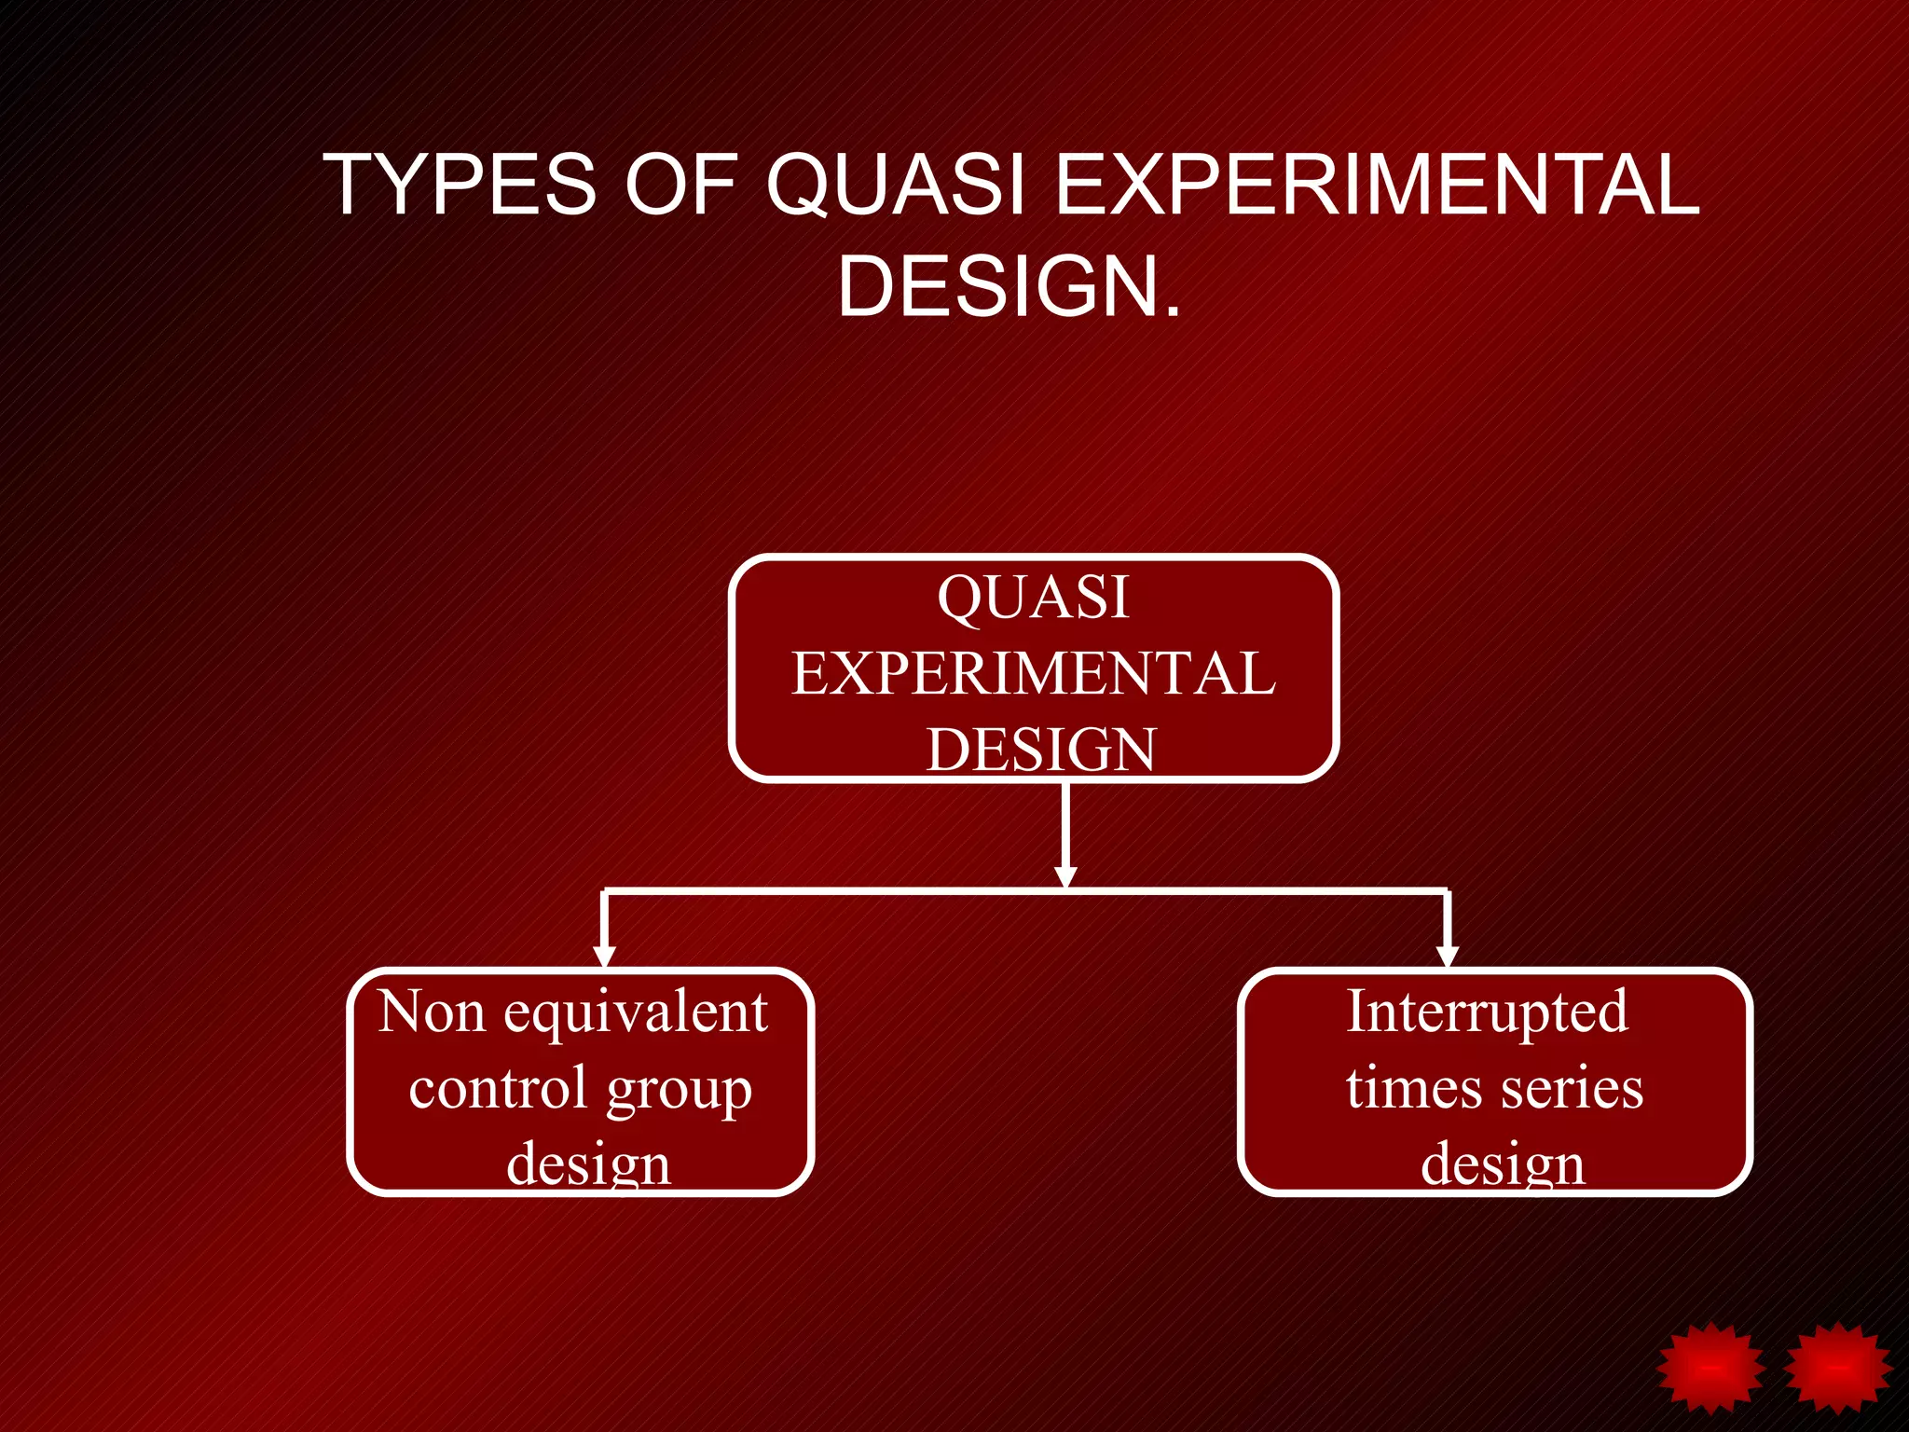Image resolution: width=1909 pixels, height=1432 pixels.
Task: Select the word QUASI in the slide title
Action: point(896,185)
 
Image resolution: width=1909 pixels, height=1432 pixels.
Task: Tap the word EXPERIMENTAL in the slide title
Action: point(1379,185)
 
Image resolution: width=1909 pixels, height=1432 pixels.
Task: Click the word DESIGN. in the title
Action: point(1009,286)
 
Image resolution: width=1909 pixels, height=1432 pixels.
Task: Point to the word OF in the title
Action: point(681,185)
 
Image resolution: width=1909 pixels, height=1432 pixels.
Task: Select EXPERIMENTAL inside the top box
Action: point(1034,673)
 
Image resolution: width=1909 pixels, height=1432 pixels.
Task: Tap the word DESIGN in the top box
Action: point(1041,749)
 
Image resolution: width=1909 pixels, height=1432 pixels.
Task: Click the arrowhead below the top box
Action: point(1065,876)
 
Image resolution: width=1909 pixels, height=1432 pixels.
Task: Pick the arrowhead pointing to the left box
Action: point(605,956)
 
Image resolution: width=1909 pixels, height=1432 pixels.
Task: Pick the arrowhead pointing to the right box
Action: point(1447,956)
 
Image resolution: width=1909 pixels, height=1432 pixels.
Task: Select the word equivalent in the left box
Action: point(636,1013)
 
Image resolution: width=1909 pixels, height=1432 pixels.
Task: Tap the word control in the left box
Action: point(498,1088)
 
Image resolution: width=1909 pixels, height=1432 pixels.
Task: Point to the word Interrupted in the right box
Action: point(1488,1013)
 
